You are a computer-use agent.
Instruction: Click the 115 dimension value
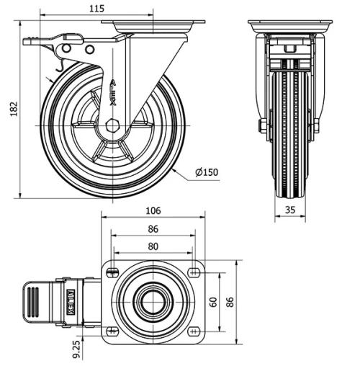pos(97,9)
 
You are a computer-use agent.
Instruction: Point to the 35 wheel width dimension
pos(290,210)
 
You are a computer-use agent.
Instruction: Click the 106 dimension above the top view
pos(153,210)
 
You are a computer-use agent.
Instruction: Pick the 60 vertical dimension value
pos(213,300)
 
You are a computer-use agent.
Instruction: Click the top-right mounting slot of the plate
pos(194,270)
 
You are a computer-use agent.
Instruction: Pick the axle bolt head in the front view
pos(262,128)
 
